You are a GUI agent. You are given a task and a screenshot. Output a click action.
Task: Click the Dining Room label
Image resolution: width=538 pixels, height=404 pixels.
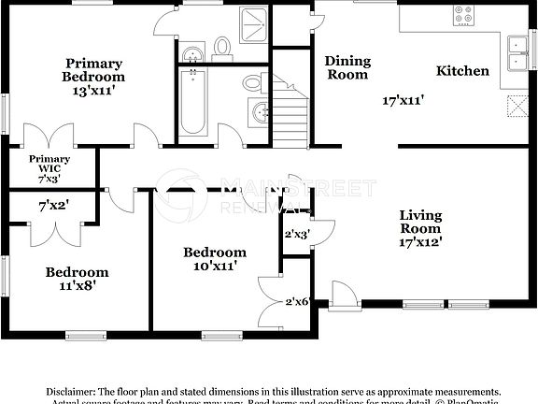(x=347, y=67)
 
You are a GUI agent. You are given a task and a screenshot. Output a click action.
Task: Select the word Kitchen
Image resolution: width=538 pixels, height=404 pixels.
(x=462, y=71)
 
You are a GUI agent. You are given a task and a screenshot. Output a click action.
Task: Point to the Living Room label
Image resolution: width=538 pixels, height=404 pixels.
(x=420, y=222)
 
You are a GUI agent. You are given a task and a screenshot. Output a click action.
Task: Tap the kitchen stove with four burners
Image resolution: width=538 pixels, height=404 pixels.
(x=464, y=15)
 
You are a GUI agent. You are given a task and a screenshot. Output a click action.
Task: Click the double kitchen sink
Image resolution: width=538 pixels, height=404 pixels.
(x=517, y=53)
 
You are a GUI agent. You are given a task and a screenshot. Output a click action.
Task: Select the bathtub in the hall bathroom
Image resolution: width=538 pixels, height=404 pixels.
(x=193, y=103)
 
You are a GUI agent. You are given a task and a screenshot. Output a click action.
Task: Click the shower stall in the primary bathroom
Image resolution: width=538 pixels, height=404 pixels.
(x=251, y=25)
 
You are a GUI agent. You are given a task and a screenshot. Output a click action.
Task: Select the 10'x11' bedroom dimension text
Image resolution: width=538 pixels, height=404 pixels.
(x=215, y=267)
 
